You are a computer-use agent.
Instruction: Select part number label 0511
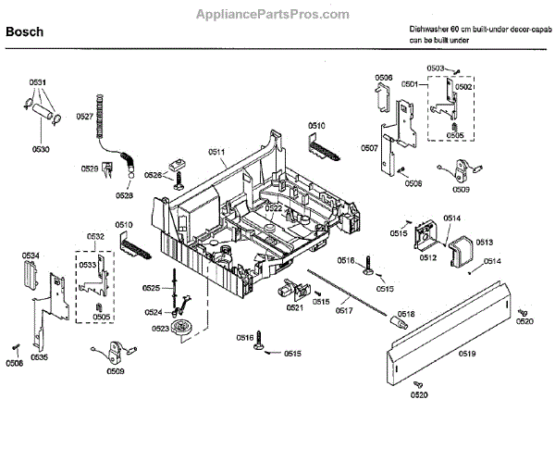tap(217, 151)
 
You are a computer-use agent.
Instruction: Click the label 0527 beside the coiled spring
tap(84, 117)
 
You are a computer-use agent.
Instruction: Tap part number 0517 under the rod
tap(344, 310)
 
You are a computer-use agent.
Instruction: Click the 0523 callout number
tap(161, 328)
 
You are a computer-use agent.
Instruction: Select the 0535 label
tap(39, 356)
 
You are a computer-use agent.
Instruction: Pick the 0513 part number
tap(484, 243)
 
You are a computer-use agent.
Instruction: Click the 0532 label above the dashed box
tap(96, 237)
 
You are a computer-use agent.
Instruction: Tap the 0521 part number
tap(295, 307)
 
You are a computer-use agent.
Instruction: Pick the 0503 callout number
tap(436, 69)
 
